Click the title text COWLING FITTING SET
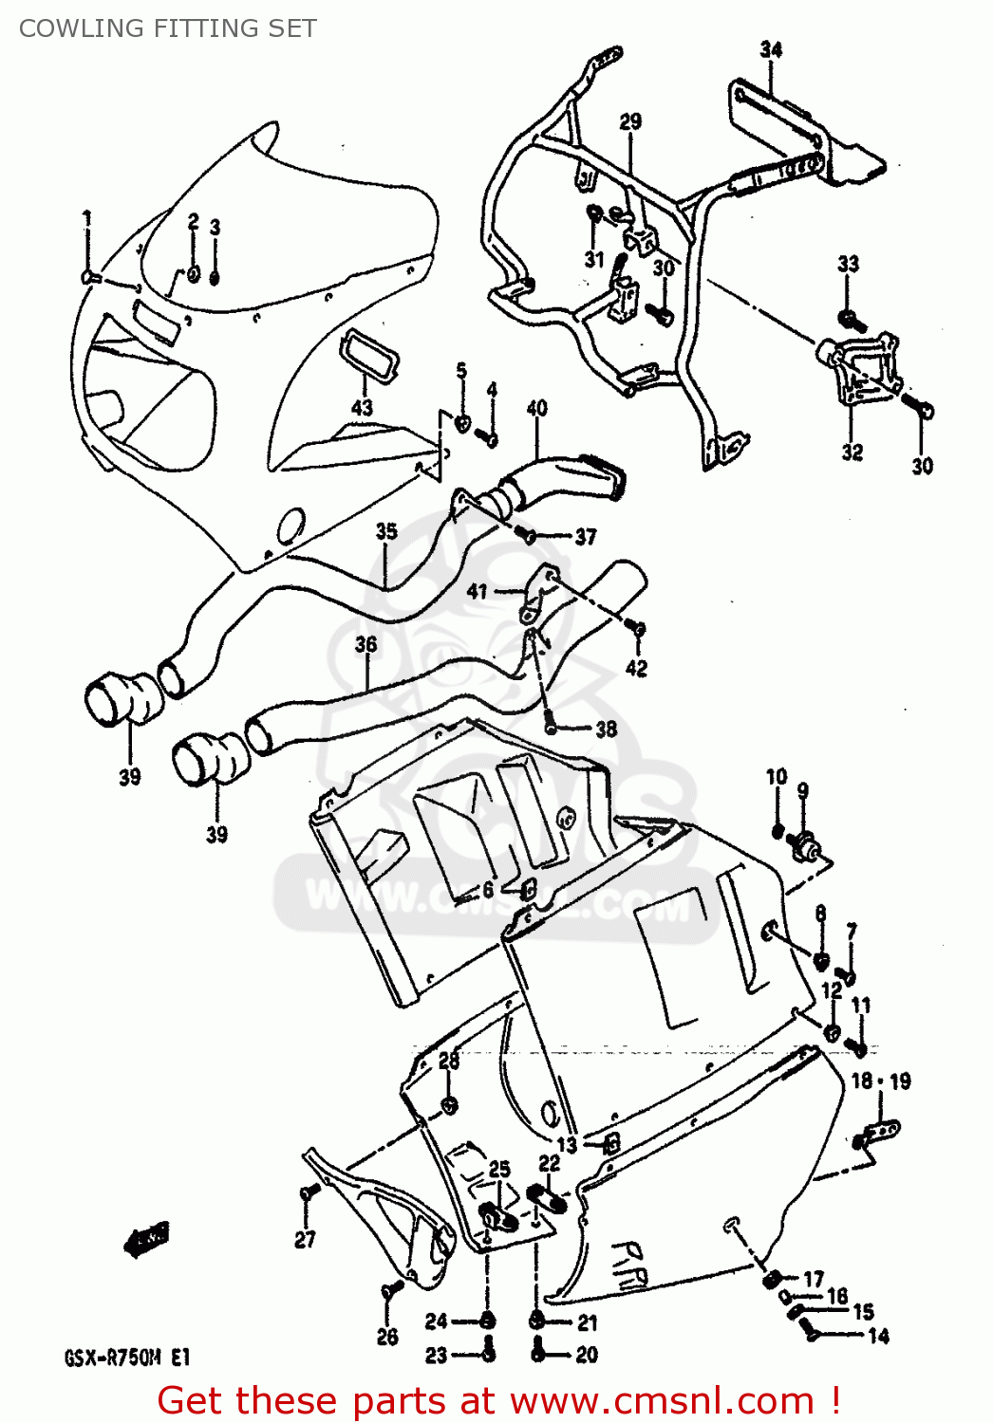click(168, 28)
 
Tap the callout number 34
click(771, 49)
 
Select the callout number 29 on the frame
click(630, 121)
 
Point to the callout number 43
click(362, 408)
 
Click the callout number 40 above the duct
click(536, 408)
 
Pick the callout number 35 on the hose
click(385, 531)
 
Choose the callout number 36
click(365, 645)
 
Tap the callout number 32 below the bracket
click(852, 453)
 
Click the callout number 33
click(848, 264)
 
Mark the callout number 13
click(566, 1145)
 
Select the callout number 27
click(305, 1239)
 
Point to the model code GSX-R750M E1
click(127, 1358)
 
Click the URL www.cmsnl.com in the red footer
click(662, 1401)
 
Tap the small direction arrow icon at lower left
click(147, 1238)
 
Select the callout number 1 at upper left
click(87, 219)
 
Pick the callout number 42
click(636, 668)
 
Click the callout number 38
click(606, 730)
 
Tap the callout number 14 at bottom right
click(878, 1337)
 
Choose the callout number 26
click(387, 1337)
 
